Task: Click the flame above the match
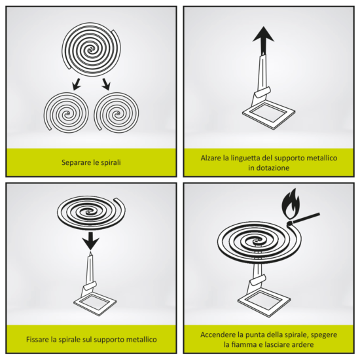point(291,204)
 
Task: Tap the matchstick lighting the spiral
point(304,219)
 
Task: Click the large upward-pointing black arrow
point(263,41)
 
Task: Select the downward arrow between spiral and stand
point(91,241)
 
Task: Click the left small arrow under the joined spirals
point(77,84)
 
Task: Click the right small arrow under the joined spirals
point(106,84)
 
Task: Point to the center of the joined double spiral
point(91,49)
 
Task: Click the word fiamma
point(247,344)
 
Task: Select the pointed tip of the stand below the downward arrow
point(90,253)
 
